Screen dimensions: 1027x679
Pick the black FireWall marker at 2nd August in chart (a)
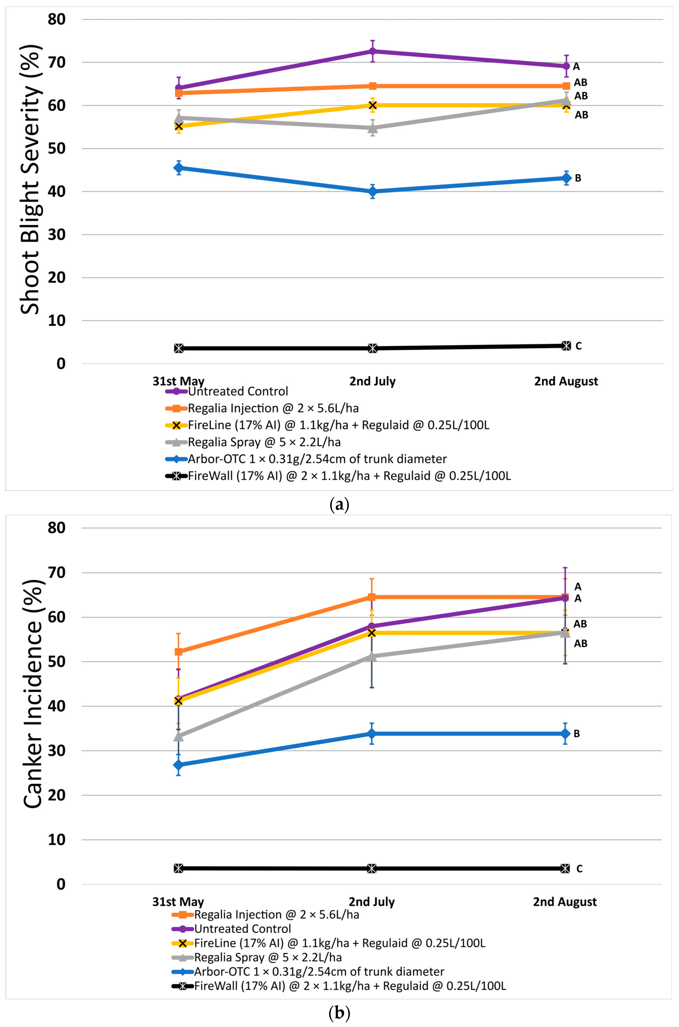point(566,346)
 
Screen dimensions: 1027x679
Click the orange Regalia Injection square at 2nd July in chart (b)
point(372,597)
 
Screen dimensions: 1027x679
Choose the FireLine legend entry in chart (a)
point(338,425)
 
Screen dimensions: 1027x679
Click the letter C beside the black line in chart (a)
point(579,346)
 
